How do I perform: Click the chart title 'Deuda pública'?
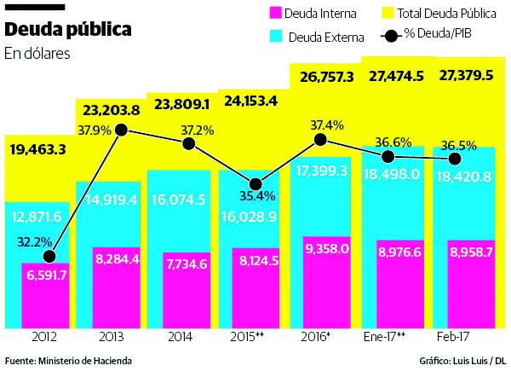pyautogui.click(x=69, y=29)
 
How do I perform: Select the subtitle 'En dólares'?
pyautogui.click(x=37, y=54)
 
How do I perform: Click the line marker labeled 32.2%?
pyautogui.click(x=49, y=256)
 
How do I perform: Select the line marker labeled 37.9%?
pyautogui.click(x=121, y=130)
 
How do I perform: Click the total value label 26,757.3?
pyautogui.click(x=320, y=76)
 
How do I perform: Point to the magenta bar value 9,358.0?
pyautogui.click(x=320, y=252)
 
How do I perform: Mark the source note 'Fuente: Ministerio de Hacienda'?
pyautogui.click(x=68, y=361)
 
